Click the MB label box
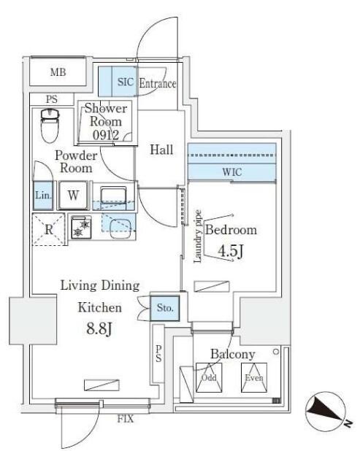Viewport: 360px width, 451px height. click(x=58, y=72)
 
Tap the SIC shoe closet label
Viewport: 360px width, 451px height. click(x=125, y=82)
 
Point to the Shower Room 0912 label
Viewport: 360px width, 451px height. click(x=106, y=121)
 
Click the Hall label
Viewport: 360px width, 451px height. click(x=161, y=150)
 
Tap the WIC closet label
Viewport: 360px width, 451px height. click(x=232, y=172)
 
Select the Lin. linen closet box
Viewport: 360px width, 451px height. click(x=42, y=196)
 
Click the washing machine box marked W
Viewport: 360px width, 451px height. click(x=74, y=196)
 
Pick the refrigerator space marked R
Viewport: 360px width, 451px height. click(x=48, y=228)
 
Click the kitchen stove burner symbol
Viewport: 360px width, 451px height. click(x=78, y=227)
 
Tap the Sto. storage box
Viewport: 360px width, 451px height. click(x=165, y=308)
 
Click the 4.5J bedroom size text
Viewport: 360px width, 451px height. click(x=231, y=252)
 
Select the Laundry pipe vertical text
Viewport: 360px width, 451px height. click(x=197, y=237)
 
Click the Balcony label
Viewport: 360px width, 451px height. click(x=232, y=355)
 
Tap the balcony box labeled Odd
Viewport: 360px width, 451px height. click(x=209, y=378)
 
